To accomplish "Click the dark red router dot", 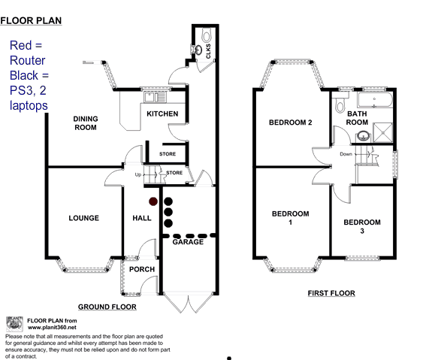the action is (x=153, y=201).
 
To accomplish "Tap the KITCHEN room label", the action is (x=162, y=114).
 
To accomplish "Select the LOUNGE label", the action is (x=84, y=218).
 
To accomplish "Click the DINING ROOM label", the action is (x=86, y=123).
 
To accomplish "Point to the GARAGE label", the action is (x=188, y=242).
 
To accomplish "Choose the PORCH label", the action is (x=142, y=269).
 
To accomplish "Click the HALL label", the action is (x=142, y=218).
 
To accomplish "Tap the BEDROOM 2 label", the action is (x=290, y=123).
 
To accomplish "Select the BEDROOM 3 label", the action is (x=362, y=226).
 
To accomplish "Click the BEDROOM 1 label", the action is (x=290, y=218).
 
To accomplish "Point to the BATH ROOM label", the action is (x=357, y=118).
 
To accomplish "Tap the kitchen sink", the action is (x=155, y=97).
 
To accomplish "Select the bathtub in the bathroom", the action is (x=375, y=99).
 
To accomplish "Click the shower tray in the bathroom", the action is (x=382, y=132).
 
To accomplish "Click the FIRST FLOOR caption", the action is (x=331, y=293).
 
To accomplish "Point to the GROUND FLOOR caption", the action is (x=107, y=307).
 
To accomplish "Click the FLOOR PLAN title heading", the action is (x=31, y=21).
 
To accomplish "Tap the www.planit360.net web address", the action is (x=52, y=328).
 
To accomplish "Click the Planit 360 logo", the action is (x=14, y=324).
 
